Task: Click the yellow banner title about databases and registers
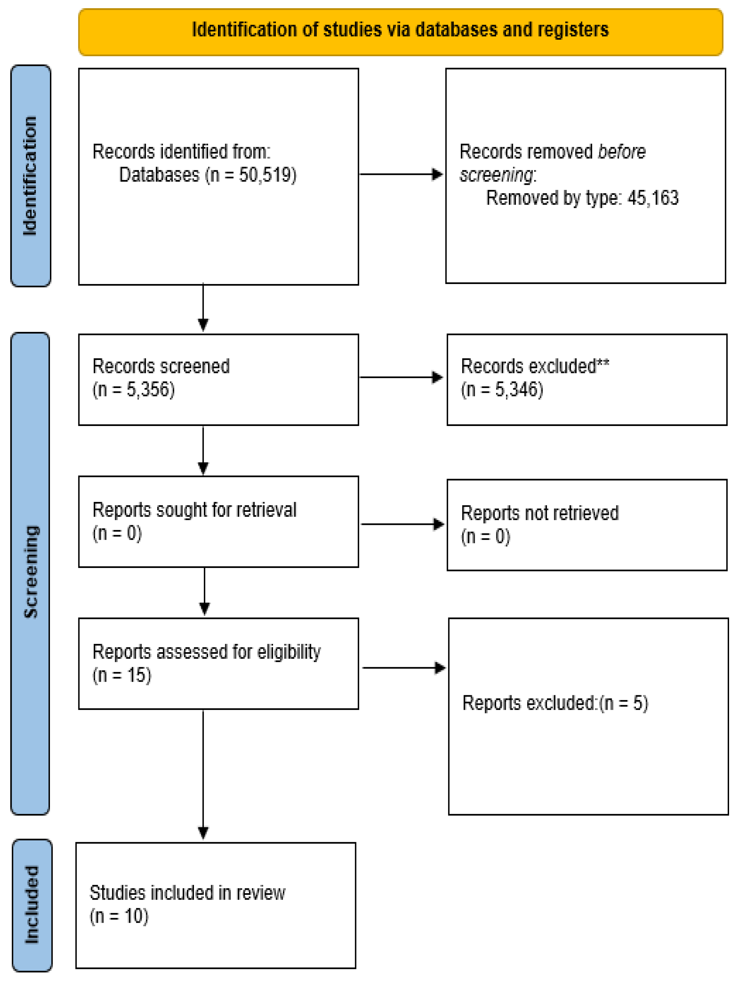(400, 30)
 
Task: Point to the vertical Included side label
(32, 905)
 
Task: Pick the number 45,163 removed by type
(652, 198)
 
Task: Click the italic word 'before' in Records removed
(622, 152)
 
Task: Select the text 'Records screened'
(161, 366)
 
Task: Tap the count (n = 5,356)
(133, 389)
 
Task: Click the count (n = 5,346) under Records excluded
(502, 389)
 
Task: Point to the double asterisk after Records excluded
(603, 364)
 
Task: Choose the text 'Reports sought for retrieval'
(194, 510)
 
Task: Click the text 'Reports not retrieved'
(540, 513)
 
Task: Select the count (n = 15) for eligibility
(122, 675)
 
